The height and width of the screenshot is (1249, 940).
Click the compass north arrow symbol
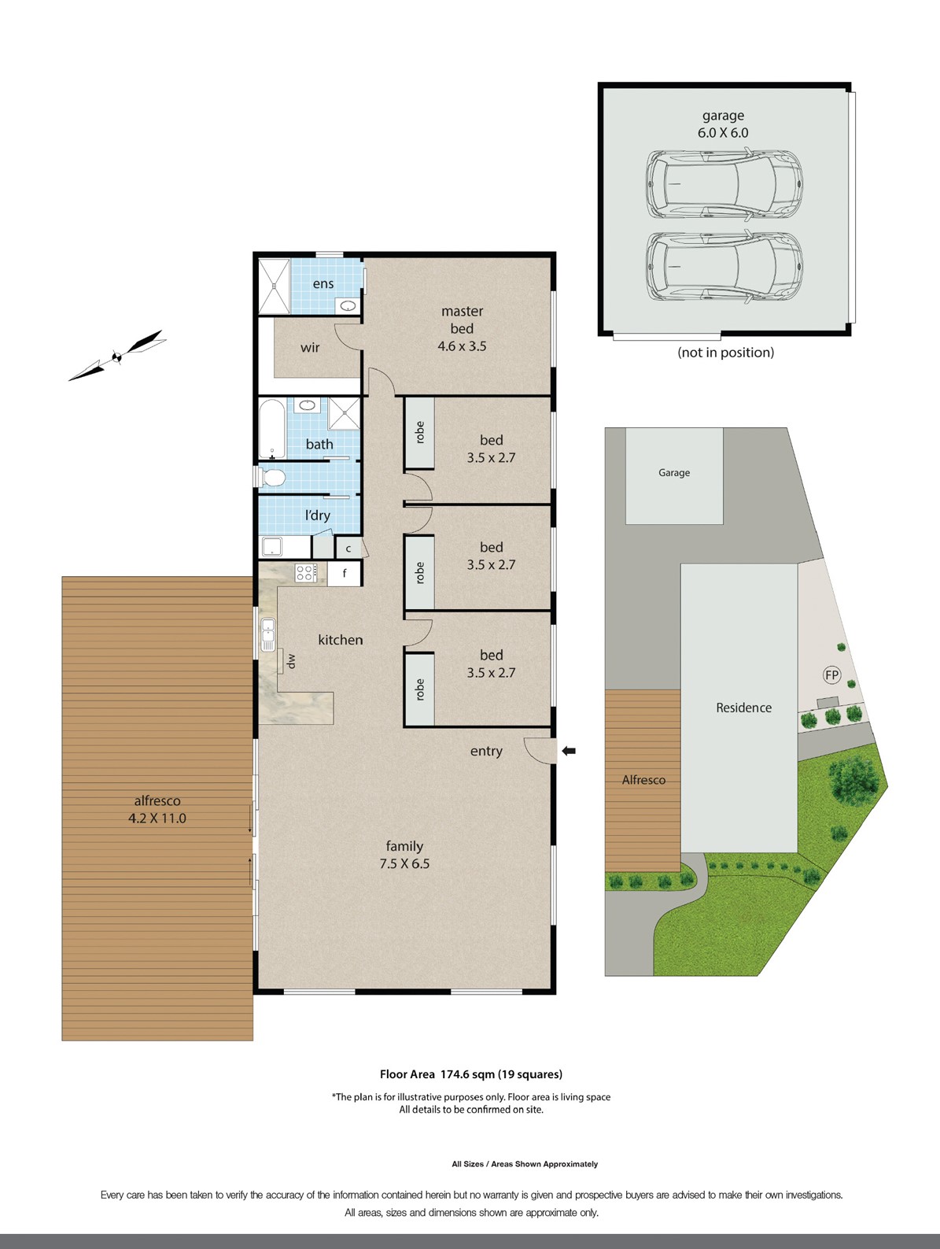(x=117, y=357)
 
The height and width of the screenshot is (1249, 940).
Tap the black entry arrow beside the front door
(x=568, y=752)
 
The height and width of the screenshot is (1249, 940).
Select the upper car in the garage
(x=724, y=184)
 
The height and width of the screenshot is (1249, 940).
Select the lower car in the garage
(x=724, y=267)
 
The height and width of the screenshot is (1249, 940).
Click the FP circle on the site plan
(x=831, y=674)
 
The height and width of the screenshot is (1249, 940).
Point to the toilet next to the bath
(x=271, y=477)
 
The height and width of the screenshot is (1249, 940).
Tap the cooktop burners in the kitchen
(x=306, y=573)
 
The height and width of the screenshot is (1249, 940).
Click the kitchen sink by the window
(x=267, y=635)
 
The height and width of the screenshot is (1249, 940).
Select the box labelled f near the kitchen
(x=345, y=573)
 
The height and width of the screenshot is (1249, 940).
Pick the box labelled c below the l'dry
(x=348, y=548)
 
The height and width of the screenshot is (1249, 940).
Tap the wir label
(x=310, y=347)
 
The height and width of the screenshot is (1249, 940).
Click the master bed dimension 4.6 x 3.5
(x=462, y=346)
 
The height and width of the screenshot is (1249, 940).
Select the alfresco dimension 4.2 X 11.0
(x=157, y=818)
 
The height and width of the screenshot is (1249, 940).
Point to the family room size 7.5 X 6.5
(x=404, y=863)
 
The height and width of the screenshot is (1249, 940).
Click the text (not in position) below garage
(x=725, y=352)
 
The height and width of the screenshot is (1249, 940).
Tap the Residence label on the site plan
(x=743, y=708)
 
